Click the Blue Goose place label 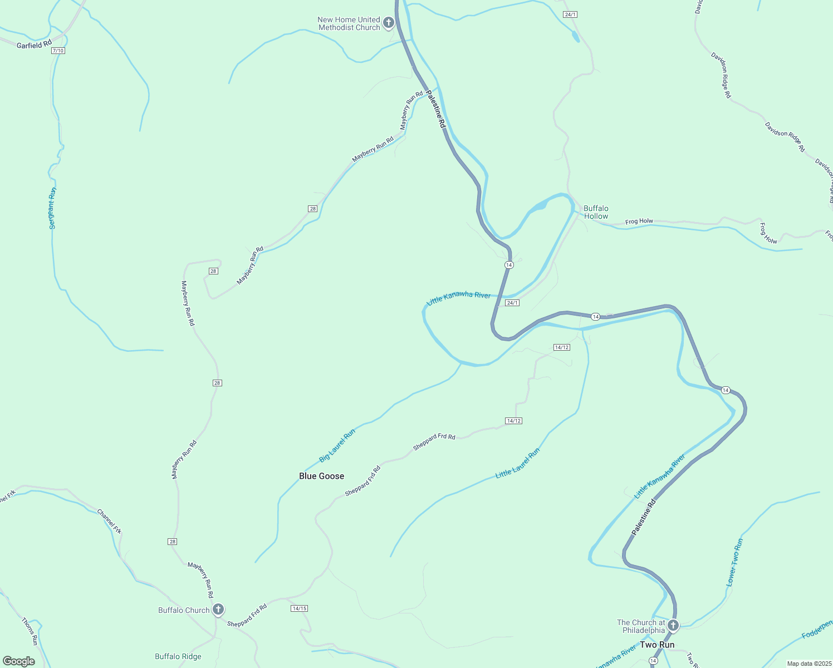click(321, 476)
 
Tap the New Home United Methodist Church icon click(389, 23)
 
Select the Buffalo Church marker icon click(218, 610)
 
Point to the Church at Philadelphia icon click(673, 626)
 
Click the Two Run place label click(657, 645)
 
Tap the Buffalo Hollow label click(596, 212)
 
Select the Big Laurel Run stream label click(337, 446)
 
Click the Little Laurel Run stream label click(518, 464)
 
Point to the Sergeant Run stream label click(52, 208)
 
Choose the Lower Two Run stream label click(734, 562)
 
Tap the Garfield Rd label click(34, 44)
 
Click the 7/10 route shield click(58, 51)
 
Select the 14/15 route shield click(299, 608)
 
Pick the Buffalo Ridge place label click(178, 656)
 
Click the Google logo click(19, 661)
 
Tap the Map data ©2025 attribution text click(808, 664)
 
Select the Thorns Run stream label click(30, 631)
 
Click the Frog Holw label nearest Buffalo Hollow click(639, 222)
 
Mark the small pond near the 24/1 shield click(575, 37)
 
